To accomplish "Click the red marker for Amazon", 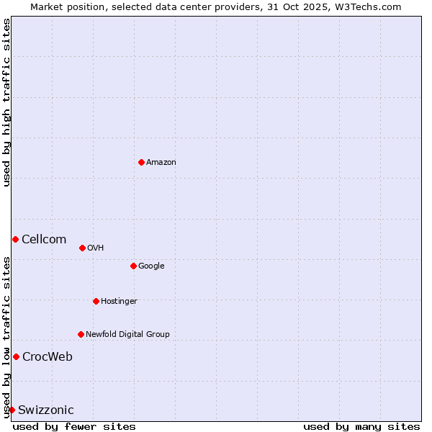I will pos(141,162).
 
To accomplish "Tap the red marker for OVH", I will pos(82,248).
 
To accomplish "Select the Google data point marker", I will pos(133,266).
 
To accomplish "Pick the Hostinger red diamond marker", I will pos(96,301).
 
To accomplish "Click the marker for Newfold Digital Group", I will pos(81,334).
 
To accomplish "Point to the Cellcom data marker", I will pos(15,239).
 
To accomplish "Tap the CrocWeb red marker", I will pos(16,356).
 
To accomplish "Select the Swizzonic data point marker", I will pos(12,410).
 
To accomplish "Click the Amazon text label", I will pos(161,163).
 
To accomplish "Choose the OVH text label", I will pos(96,248).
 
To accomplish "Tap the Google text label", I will pos(151,266).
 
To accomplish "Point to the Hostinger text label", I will pos(119,302).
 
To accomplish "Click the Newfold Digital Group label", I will pos(127,335).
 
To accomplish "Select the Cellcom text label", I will pos(44,240).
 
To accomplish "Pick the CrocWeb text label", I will pos(48,357).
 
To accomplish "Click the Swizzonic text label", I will pos(46,410).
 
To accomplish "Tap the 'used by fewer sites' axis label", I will pos(74,426).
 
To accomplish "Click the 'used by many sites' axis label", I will pos(361,426).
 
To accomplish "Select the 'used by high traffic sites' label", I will pos(6,102).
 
